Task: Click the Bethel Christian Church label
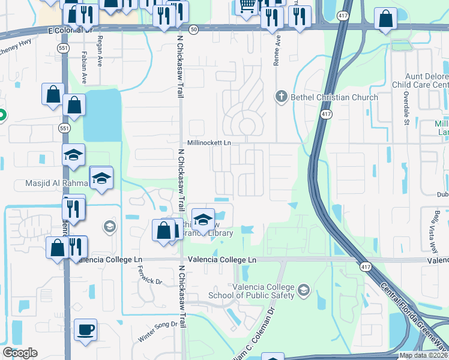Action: click(x=334, y=97)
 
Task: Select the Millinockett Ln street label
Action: click(x=209, y=143)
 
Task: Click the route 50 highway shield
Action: click(x=193, y=28)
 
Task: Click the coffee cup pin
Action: click(x=85, y=329)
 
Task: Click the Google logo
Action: click(x=20, y=353)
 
